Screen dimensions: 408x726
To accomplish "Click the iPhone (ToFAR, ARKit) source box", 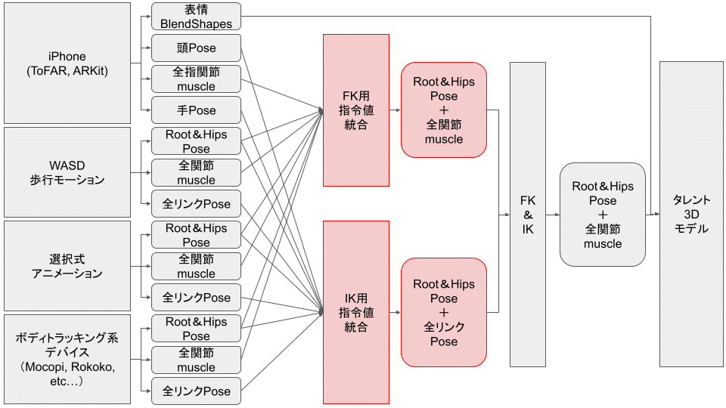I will (67, 63).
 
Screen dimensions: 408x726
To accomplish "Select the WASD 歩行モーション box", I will (67, 172).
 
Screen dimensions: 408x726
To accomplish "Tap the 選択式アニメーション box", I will (67, 266).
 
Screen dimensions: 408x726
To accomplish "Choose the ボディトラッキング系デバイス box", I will (67, 359).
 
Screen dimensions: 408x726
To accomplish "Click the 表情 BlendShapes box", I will (197, 17).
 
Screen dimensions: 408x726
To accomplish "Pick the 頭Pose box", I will (197, 48).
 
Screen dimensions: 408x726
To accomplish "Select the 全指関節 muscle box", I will (197, 79).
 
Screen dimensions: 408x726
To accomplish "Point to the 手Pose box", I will (197, 110).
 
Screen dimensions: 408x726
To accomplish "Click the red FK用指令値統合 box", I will (356, 110).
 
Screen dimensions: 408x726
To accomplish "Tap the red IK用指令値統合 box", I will (356, 312).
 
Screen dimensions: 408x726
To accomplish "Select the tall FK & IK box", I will (528, 215).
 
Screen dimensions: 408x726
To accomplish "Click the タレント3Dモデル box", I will (691, 215).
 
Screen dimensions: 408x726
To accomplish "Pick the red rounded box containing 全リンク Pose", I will (444, 312).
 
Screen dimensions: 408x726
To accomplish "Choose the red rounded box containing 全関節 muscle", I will (444, 110).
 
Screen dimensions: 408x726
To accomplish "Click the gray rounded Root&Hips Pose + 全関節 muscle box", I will (603, 215).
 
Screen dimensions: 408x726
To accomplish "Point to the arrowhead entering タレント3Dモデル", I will (656, 215).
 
